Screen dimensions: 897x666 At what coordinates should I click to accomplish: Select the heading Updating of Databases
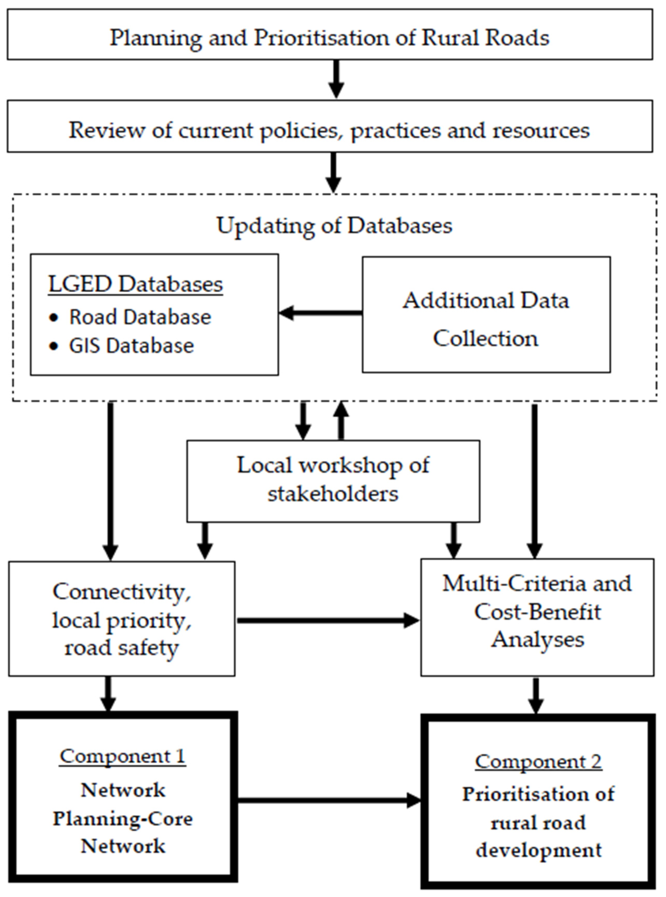[334, 225]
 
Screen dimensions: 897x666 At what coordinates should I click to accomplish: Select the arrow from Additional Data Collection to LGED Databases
[321, 313]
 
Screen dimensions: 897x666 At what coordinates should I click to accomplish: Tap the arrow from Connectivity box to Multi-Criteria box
[327, 620]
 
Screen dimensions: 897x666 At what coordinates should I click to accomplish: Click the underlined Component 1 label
[123, 756]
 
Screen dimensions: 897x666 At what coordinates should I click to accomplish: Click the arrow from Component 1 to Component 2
[329, 801]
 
